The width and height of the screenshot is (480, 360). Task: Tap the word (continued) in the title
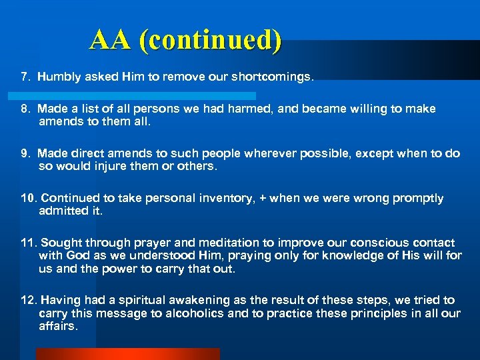[210, 41]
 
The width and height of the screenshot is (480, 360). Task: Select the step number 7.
[25, 77]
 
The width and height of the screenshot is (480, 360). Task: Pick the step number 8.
[25, 109]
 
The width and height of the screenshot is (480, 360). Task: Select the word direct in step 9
[91, 153]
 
